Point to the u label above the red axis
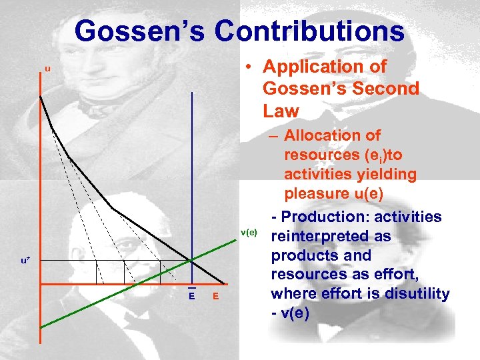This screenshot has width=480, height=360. coord(47,69)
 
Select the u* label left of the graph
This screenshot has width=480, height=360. coord(25,259)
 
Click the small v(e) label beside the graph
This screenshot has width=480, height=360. coord(249,232)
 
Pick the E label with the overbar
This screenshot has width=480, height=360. coord(191,295)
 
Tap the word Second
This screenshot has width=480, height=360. coord(387,88)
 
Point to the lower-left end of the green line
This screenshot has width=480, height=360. coord(41,327)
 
